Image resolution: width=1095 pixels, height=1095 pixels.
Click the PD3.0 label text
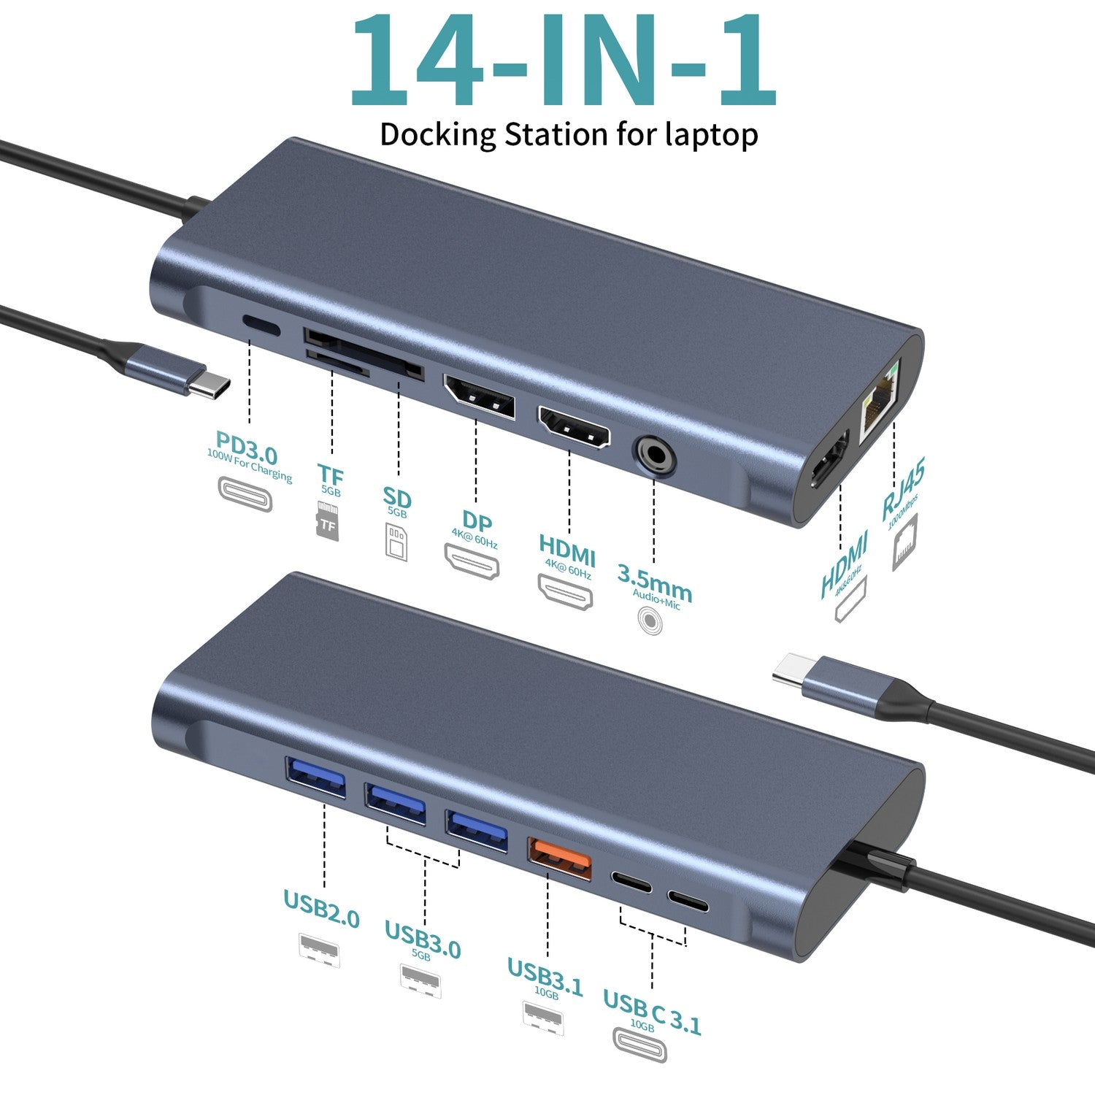click(247, 448)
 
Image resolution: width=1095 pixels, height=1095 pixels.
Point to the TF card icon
click(328, 521)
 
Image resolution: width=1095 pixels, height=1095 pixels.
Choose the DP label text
click(477, 521)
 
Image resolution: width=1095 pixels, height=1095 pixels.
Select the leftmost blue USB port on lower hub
click(315, 777)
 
